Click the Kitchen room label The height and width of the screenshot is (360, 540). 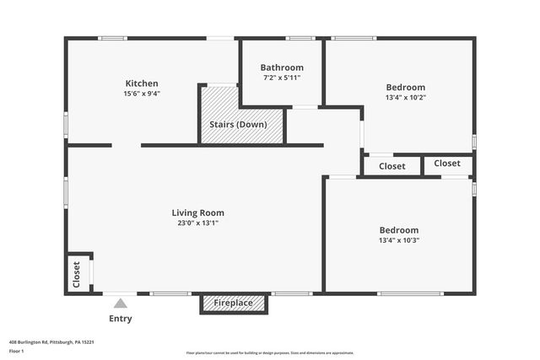pos(142,83)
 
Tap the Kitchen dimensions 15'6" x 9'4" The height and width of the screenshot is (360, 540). pos(142,94)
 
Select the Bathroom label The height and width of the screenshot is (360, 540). pos(282,67)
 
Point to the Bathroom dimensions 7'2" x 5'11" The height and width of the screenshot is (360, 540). pos(282,78)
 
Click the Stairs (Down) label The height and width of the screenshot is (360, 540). pos(238,125)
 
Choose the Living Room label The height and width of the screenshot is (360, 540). pos(198,212)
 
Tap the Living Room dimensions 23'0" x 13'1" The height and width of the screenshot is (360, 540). pos(198,223)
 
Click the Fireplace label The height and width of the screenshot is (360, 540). pos(233,303)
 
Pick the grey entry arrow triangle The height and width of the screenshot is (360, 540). pos(121,303)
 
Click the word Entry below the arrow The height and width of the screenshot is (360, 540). pos(121,319)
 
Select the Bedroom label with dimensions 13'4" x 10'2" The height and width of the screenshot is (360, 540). pos(406,87)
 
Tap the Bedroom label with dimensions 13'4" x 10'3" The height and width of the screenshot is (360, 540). pos(399,230)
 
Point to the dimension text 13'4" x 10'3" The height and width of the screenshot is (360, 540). pos(399,240)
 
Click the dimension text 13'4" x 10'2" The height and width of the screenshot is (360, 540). pos(406,97)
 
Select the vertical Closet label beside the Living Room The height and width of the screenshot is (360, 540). pos(76,275)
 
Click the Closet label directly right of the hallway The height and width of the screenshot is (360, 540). pos(392,166)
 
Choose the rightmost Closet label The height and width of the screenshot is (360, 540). pos(447,163)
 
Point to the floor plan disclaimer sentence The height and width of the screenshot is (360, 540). pos(270,353)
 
